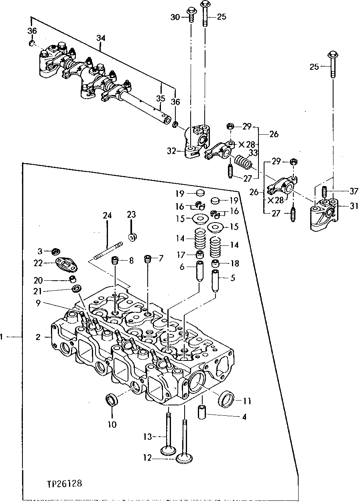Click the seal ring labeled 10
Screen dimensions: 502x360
[x=111, y=400]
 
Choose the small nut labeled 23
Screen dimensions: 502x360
[x=132, y=237]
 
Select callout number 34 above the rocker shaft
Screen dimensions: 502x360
[x=101, y=38]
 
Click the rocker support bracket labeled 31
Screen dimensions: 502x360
[x=323, y=216]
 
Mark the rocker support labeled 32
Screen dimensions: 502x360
[x=195, y=144]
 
